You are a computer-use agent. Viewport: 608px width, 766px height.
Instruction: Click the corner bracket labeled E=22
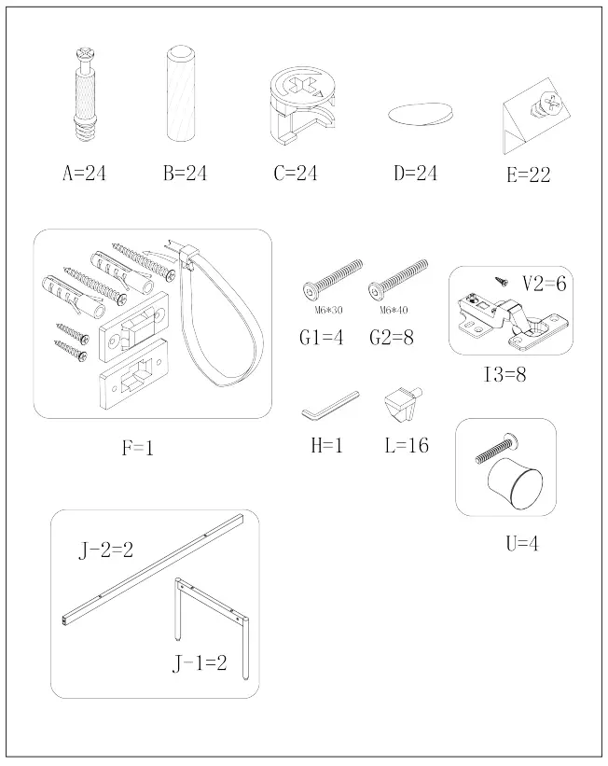tap(527, 119)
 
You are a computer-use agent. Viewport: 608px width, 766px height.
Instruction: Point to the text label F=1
tap(137, 449)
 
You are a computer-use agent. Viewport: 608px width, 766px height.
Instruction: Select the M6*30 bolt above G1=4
tap(332, 277)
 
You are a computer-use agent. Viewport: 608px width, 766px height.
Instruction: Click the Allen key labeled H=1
tap(330, 405)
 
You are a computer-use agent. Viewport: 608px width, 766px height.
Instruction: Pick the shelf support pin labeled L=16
tap(403, 405)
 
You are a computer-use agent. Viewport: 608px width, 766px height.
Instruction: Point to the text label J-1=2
tap(200, 664)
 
